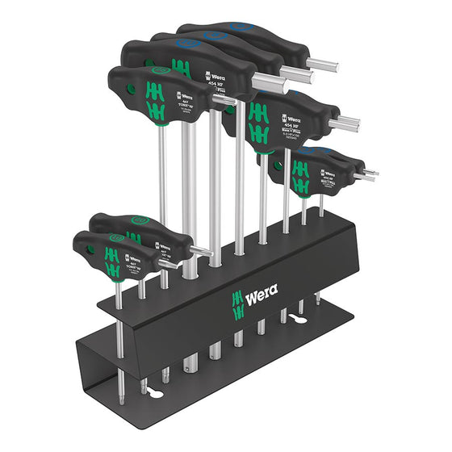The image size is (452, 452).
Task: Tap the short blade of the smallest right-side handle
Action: (363, 174)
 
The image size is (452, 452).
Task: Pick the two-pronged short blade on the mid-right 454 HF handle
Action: (348, 123)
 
